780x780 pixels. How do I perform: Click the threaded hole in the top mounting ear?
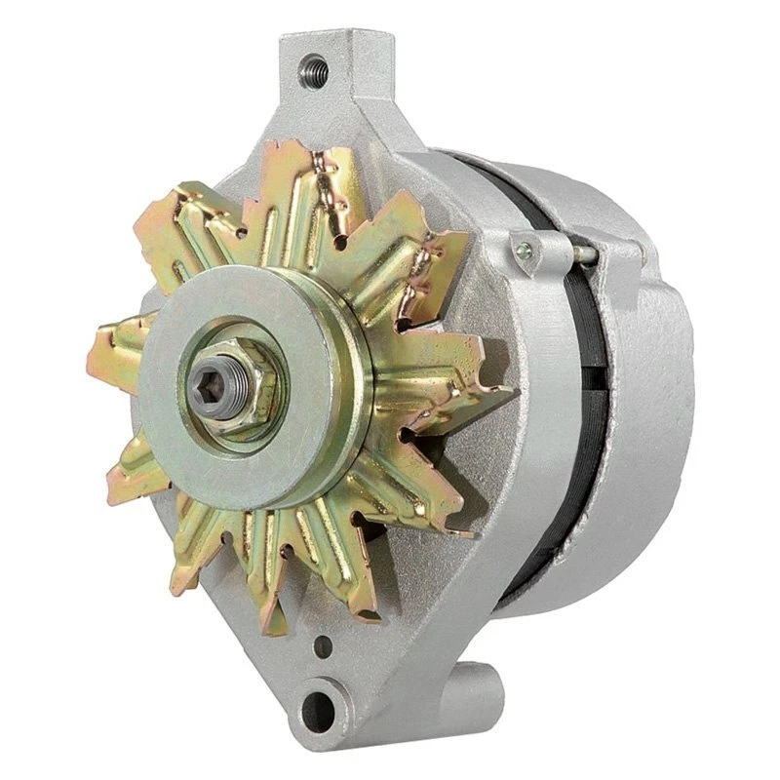[x=314, y=67]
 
